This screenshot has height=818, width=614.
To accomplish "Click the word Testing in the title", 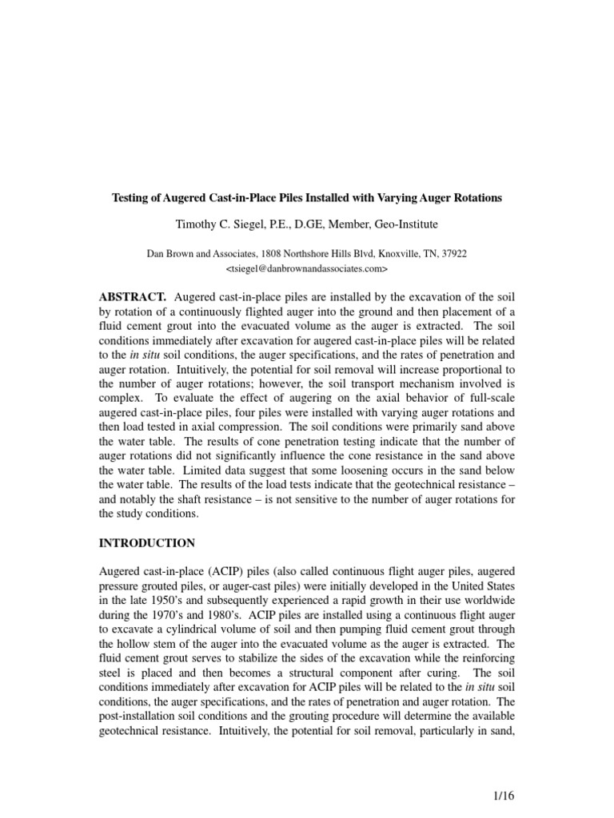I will tap(130, 197).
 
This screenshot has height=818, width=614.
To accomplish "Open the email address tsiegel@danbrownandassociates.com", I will tap(307, 267).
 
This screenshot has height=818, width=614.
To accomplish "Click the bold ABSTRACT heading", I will tap(132, 296).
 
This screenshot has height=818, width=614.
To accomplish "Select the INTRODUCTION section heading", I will tap(146, 542).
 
